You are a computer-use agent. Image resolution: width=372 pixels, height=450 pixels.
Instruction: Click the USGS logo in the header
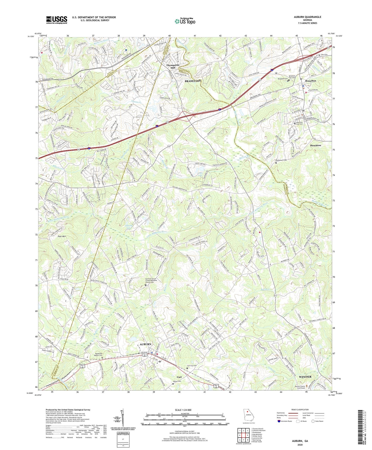tap(57, 20)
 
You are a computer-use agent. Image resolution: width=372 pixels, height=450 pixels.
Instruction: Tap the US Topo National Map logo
tap(185, 21)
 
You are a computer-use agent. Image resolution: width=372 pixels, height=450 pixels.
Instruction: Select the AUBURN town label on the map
tap(145, 344)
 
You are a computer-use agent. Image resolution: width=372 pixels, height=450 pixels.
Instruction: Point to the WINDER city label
tap(305, 377)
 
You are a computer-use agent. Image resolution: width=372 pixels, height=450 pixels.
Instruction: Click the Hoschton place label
tap(315, 145)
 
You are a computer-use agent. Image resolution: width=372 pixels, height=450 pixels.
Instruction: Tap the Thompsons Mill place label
tap(173, 66)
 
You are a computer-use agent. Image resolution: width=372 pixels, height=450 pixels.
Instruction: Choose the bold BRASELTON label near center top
tap(193, 81)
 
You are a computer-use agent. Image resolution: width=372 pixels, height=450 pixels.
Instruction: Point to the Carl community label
tap(179, 377)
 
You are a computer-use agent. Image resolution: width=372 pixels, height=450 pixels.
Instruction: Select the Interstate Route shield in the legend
tap(279, 421)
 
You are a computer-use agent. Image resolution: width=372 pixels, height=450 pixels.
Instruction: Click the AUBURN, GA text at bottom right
tap(300, 441)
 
